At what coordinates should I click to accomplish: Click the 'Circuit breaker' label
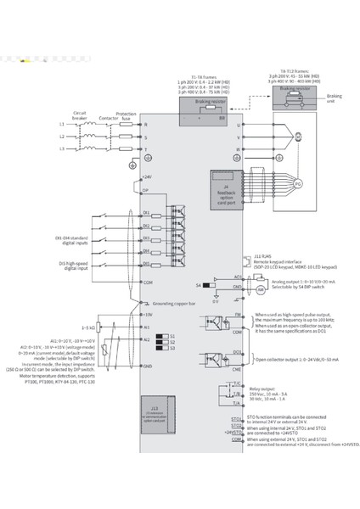[x=80, y=113]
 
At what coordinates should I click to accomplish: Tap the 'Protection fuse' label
[x=127, y=115]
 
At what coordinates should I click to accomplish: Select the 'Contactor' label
[x=108, y=118]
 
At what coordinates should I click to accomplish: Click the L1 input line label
[x=61, y=125]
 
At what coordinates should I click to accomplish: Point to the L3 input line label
[x=61, y=149]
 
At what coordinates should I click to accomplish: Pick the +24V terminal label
[x=147, y=176]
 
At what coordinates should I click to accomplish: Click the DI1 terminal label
[x=146, y=212]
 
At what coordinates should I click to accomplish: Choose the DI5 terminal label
[x=146, y=264]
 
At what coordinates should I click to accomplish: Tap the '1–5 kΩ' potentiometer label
[x=86, y=327]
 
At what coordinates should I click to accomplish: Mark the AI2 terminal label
[x=146, y=339]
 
